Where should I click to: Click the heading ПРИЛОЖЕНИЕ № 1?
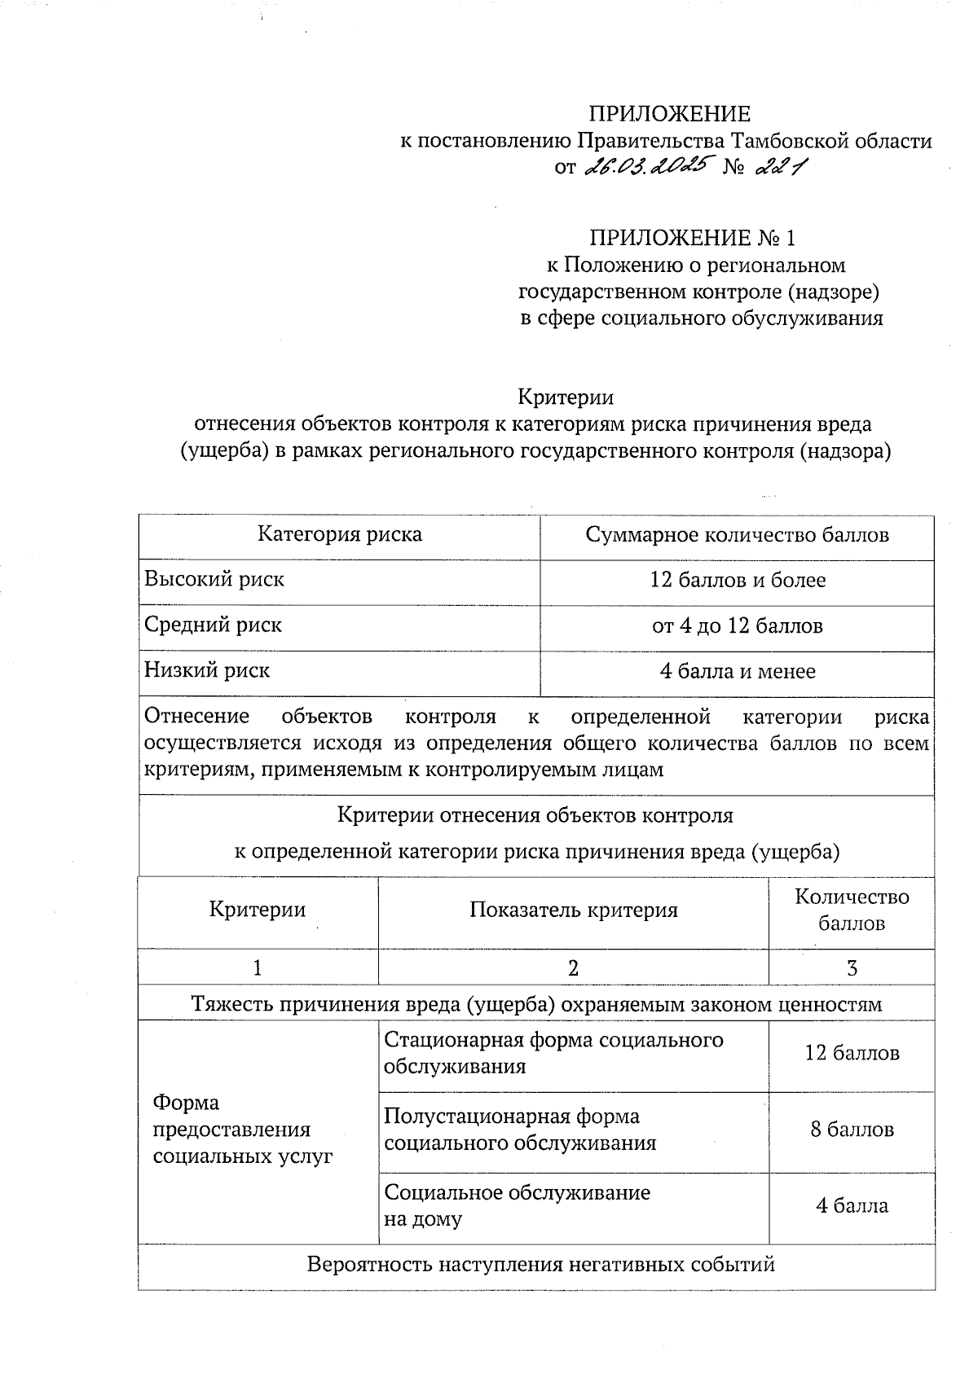(692, 239)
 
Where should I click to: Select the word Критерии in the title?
(566, 397)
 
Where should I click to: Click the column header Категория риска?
(340, 534)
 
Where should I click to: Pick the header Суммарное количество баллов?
(737, 535)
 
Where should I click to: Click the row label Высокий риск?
(214, 580)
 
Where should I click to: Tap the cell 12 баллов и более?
(737, 581)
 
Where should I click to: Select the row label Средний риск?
(213, 625)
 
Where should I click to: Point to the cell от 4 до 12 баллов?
(737, 626)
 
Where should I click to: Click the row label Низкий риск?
(207, 671)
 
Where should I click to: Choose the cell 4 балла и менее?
(737, 672)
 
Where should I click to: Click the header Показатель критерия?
(573, 910)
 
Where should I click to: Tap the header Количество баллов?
(852, 910)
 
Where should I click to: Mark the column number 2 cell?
(573, 968)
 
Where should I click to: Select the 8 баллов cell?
(852, 1130)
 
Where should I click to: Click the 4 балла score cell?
(852, 1206)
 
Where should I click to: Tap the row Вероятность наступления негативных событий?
(540, 1266)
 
